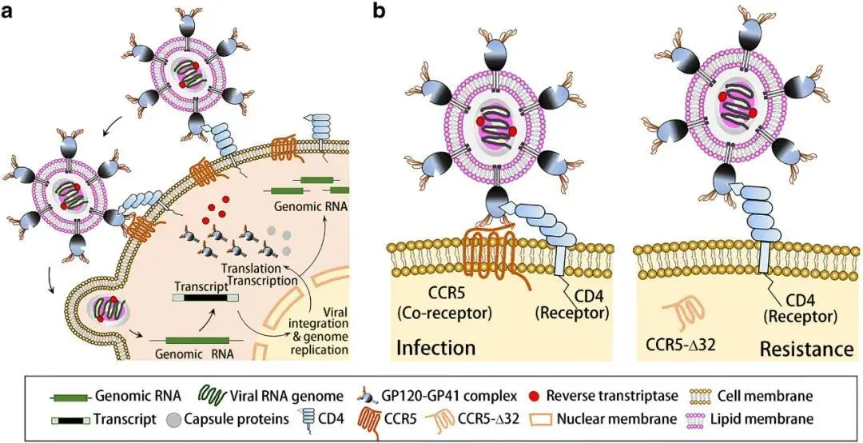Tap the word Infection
435,348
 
